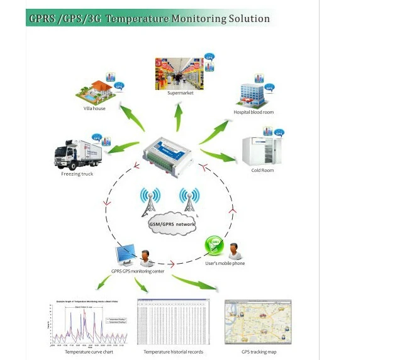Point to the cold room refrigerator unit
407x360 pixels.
259,150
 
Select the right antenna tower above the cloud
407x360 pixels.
187,200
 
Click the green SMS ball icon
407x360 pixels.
212,245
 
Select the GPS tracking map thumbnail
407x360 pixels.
258,321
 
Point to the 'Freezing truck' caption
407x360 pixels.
77,174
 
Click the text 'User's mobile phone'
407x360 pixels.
225,263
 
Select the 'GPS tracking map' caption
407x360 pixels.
259,351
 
